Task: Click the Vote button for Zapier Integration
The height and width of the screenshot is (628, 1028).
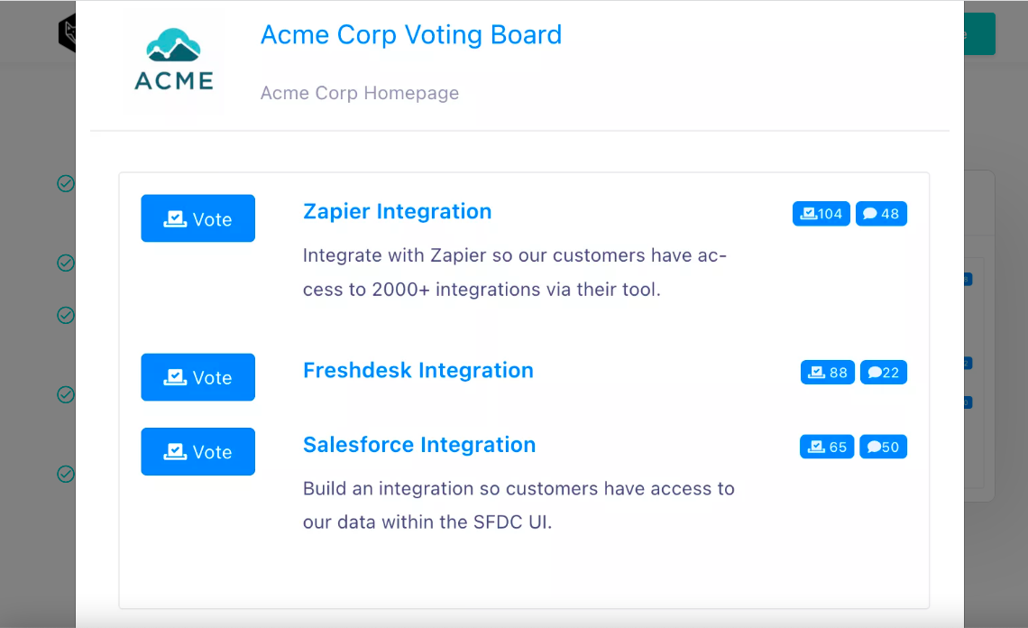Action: coord(198,218)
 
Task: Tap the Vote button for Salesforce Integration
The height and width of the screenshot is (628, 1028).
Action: coord(198,451)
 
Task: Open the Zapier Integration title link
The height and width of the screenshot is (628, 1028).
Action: coord(398,211)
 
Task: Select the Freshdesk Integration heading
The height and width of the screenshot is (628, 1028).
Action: coord(418,370)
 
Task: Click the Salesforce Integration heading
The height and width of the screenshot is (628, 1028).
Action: coord(419,445)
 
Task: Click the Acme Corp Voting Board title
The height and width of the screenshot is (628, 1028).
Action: coord(411,35)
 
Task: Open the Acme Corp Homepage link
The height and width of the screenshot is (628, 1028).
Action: coord(359,93)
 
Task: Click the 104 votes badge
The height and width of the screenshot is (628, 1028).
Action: coord(821,213)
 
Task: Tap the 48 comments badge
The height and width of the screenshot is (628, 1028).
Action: coord(881,213)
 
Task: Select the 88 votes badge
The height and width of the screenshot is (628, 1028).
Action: coord(828,372)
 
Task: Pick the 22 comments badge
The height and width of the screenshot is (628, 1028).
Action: coord(883,372)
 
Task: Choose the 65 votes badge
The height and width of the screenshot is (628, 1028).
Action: coord(827,447)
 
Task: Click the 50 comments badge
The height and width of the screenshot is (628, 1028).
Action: coord(883,447)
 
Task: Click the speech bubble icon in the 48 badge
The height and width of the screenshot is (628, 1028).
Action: coord(870,213)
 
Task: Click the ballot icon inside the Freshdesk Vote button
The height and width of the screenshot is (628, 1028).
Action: coord(175,377)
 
